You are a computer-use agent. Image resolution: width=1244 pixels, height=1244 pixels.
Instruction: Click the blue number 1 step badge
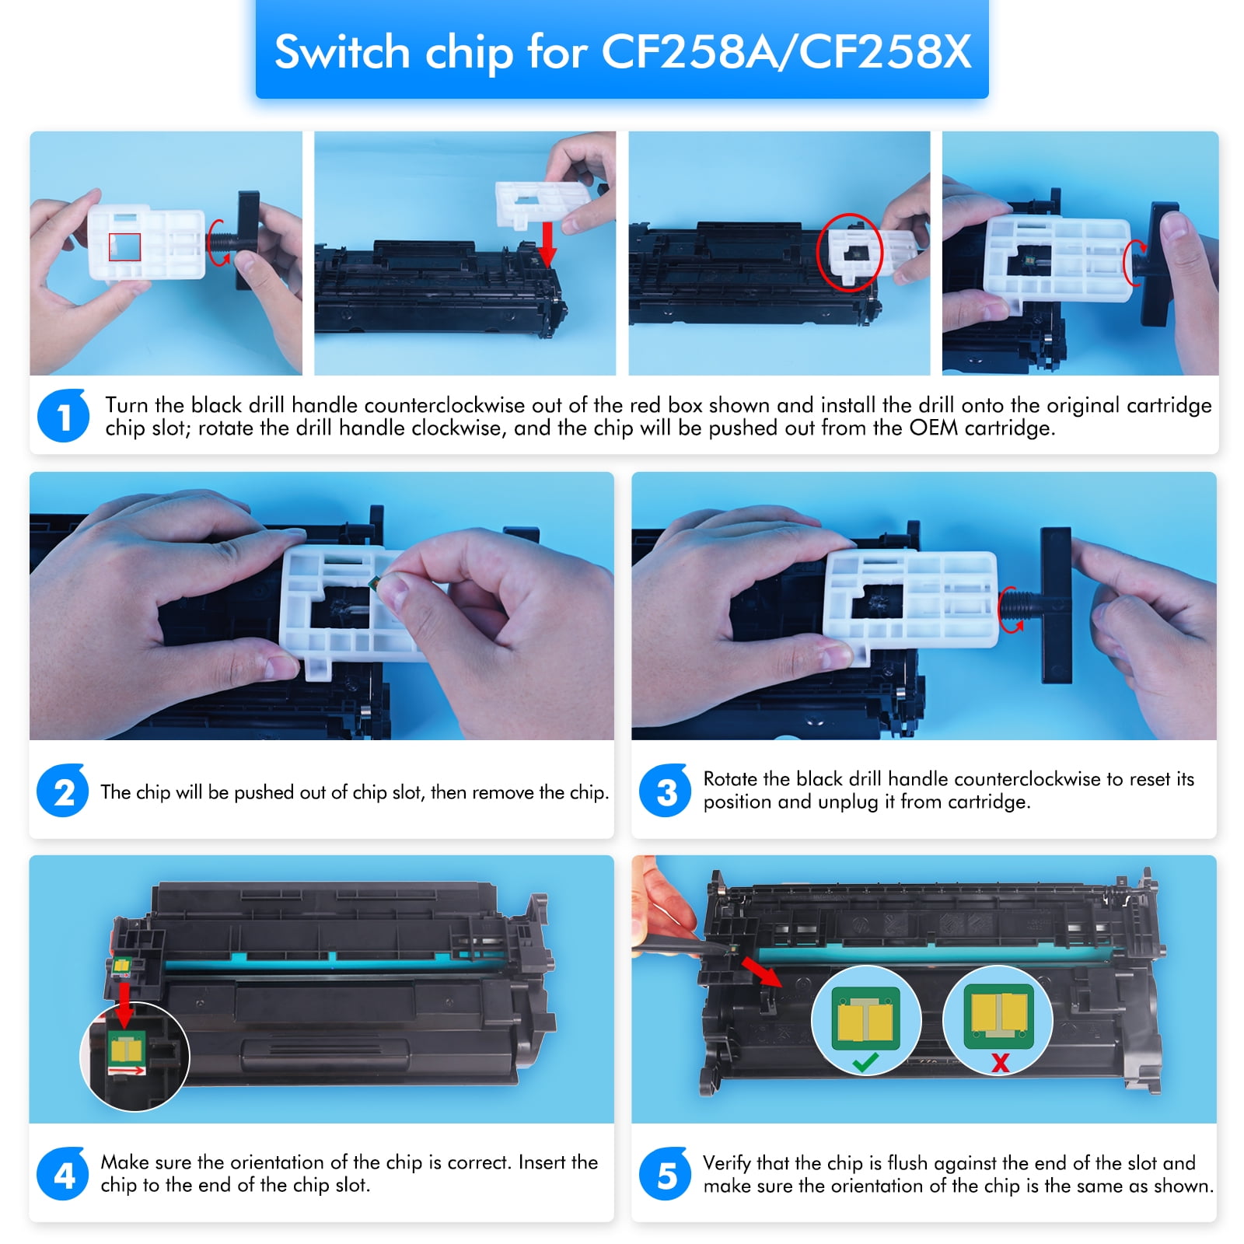[64, 416]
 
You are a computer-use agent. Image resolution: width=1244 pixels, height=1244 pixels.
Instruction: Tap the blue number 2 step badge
[64, 791]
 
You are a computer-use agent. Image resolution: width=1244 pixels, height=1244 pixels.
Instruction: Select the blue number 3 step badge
[666, 791]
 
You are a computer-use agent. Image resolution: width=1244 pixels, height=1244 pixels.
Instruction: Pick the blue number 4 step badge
[64, 1174]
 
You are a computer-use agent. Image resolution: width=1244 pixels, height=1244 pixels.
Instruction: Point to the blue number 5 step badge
[666, 1174]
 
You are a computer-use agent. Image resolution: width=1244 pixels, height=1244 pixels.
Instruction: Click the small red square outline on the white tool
[124, 247]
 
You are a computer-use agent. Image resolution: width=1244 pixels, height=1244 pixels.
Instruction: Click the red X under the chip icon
[1001, 1062]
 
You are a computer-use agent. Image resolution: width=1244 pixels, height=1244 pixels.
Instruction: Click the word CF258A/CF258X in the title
[786, 52]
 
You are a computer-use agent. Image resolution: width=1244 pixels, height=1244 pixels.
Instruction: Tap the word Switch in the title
[342, 52]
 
